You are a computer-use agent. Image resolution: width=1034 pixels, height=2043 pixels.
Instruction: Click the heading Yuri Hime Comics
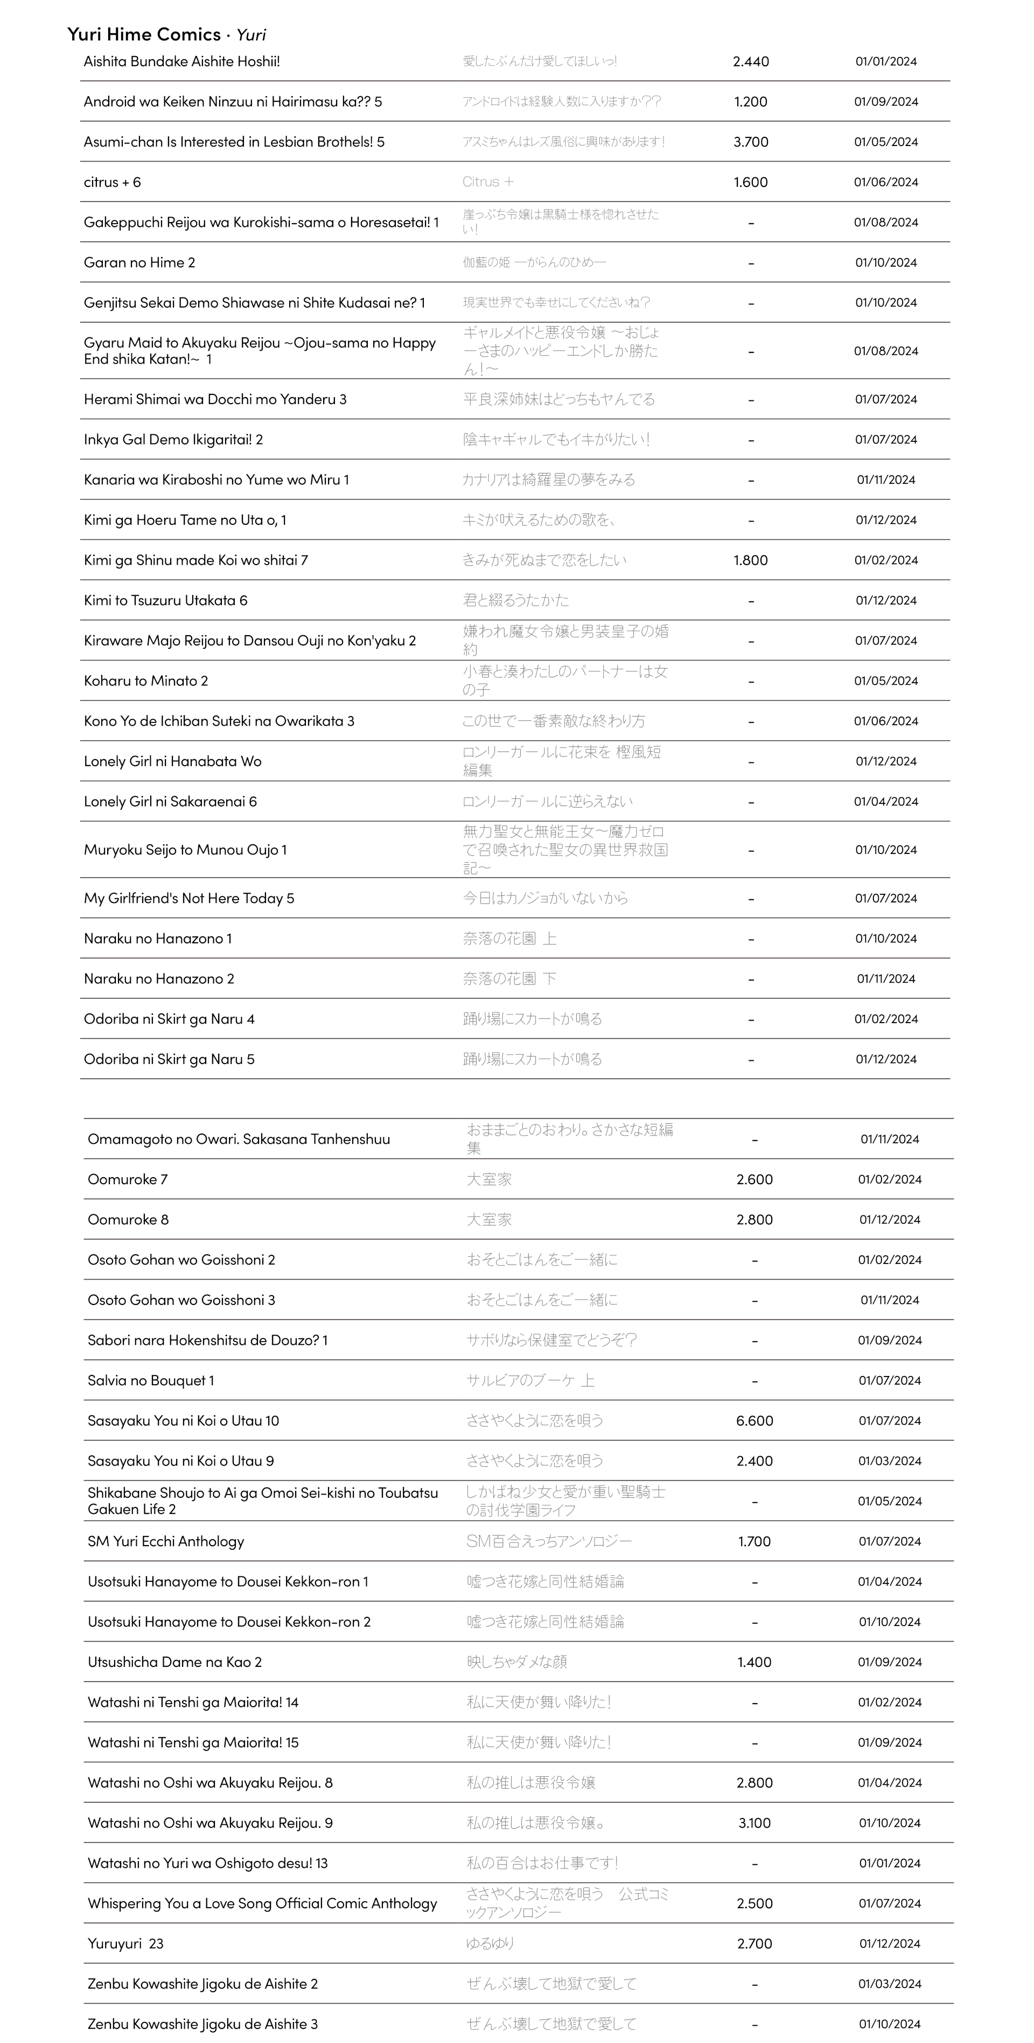pos(144,34)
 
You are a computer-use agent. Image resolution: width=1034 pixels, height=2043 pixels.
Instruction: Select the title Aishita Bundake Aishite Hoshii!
pos(181,61)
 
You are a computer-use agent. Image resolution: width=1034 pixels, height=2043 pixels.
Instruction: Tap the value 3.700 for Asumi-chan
pos(750,142)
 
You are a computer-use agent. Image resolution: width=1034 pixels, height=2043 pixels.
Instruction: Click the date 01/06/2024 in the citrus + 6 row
pos(886,182)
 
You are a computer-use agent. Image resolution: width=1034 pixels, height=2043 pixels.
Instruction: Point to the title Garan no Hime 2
pos(139,262)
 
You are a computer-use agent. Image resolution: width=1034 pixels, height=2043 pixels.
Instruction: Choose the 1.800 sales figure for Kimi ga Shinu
pos(750,560)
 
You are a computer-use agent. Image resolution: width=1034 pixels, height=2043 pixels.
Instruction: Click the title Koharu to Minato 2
pos(146,680)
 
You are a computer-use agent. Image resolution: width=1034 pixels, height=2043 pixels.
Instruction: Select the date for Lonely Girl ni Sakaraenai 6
pos(886,801)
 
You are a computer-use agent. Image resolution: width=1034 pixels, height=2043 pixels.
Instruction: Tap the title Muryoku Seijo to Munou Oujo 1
pos(186,850)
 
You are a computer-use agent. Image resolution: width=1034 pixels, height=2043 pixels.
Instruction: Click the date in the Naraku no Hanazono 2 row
pos(886,979)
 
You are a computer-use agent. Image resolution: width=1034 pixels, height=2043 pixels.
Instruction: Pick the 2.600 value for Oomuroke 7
pos(754,1179)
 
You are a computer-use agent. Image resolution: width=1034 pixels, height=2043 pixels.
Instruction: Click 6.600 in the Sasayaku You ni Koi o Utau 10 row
pos(754,1420)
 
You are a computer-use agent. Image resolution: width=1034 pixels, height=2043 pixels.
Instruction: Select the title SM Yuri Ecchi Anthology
pos(166,1541)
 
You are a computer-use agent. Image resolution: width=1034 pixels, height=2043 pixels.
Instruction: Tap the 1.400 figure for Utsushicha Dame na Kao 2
pos(754,1662)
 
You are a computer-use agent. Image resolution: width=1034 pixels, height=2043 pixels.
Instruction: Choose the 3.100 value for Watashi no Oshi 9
pos(754,1823)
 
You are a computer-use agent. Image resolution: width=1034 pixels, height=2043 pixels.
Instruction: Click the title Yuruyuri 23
pos(125,1943)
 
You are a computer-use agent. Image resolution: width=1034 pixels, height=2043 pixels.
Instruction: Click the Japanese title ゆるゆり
pos(490,1943)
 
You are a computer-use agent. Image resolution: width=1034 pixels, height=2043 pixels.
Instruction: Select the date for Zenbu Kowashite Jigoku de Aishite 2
pos(889,1984)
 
